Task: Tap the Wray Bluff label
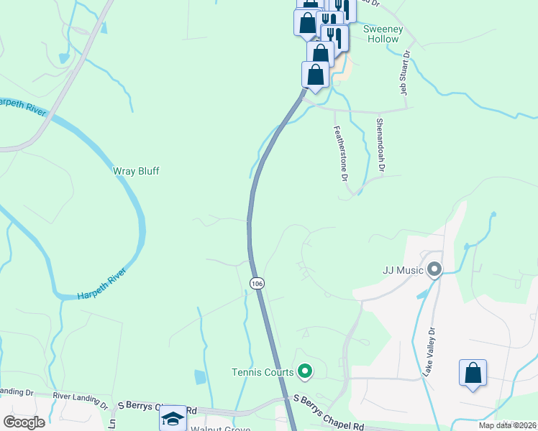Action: pos(136,171)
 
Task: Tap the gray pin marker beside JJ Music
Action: pos(434,270)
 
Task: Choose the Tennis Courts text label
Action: pos(263,371)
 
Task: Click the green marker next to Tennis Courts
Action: pos(305,371)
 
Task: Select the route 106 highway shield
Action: pos(257,284)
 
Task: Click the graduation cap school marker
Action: pos(173,419)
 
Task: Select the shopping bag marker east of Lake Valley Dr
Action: pos(473,374)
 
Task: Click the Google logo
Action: pos(24,422)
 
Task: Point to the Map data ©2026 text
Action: pos(507,425)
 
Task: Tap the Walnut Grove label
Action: pos(220,429)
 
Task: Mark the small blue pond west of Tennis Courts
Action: pos(199,376)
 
